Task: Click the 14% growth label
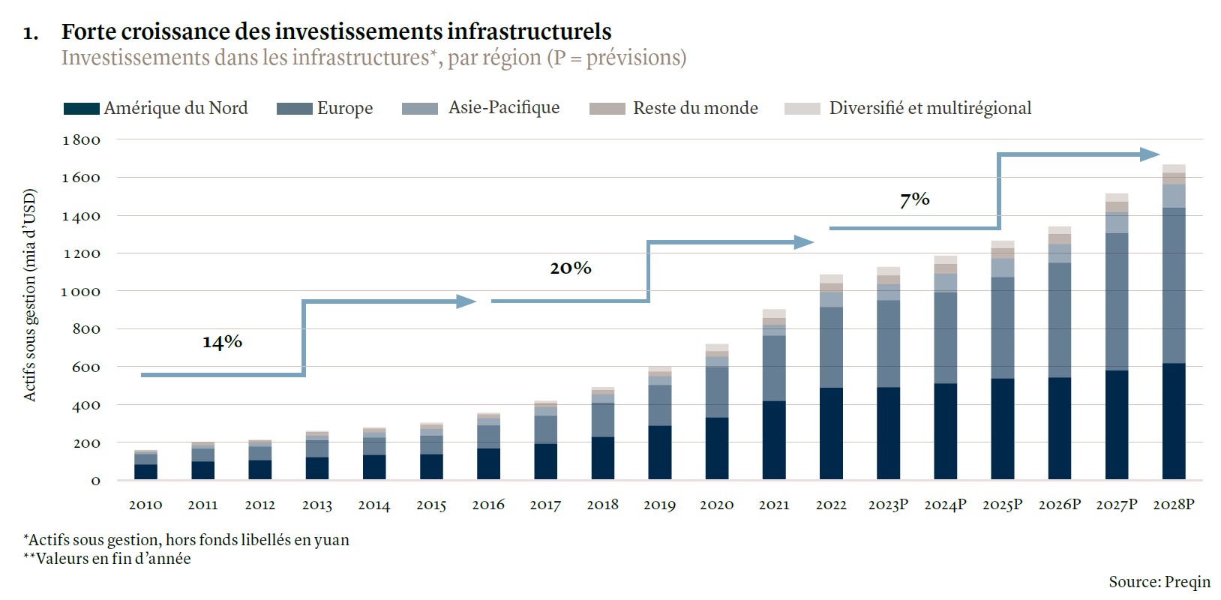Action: pyautogui.click(x=222, y=342)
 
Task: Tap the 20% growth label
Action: pyautogui.click(x=571, y=268)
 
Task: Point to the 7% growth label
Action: pyautogui.click(x=914, y=199)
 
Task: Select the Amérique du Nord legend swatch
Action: pyautogui.click(x=82, y=109)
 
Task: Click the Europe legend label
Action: pyautogui.click(x=345, y=108)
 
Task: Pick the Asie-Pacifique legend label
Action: pyautogui.click(x=504, y=107)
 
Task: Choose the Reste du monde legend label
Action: pyautogui.click(x=695, y=108)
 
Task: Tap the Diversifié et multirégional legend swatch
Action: pyautogui.click(x=802, y=109)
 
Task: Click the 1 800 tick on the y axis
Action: pyautogui.click(x=81, y=140)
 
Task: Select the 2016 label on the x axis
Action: pyautogui.click(x=488, y=505)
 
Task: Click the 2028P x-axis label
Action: pyautogui.click(x=1174, y=505)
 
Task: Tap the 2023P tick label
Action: pyautogui.click(x=888, y=505)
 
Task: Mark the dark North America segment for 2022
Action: pyautogui.click(x=831, y=433)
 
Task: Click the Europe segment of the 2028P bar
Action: pyautogui.click(x=1174, y=285)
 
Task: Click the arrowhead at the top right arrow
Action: pyautogui.click(x=1150, y=154)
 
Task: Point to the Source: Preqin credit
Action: pyautogui.click(x=1159, y=582)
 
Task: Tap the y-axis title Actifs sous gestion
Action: pyautogui.click(x=30, y=295)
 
